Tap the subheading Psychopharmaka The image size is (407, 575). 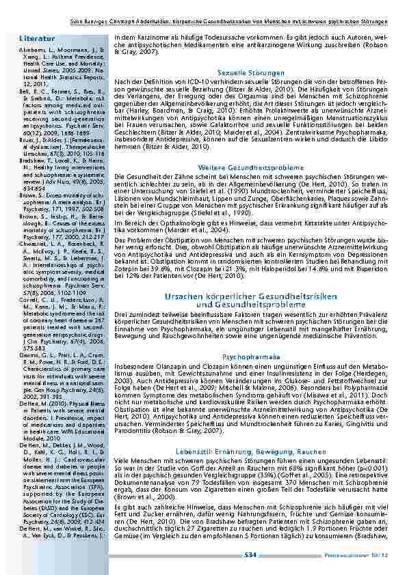point(251,356)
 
